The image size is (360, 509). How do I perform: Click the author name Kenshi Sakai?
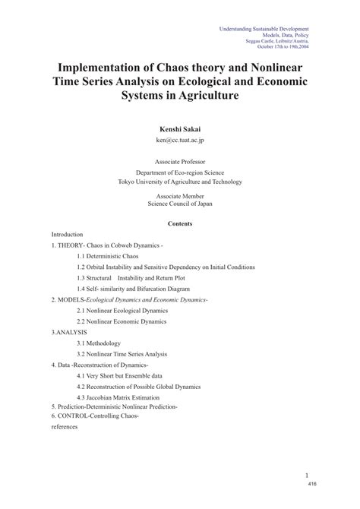point(179,130)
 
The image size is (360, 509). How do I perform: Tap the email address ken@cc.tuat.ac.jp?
point(179,141)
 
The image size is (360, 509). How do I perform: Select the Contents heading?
point(179,223)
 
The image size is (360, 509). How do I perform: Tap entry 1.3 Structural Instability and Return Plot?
point(131,278)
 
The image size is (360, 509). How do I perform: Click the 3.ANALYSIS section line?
point(69,333)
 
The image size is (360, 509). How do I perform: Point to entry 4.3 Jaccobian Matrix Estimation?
point(118,397)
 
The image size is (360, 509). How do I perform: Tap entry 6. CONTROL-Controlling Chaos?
point(96,416)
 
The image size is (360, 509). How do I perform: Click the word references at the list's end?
point(64,427)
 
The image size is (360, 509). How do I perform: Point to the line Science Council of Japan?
point(179,203)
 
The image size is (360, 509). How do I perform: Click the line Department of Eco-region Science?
point(179,172)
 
